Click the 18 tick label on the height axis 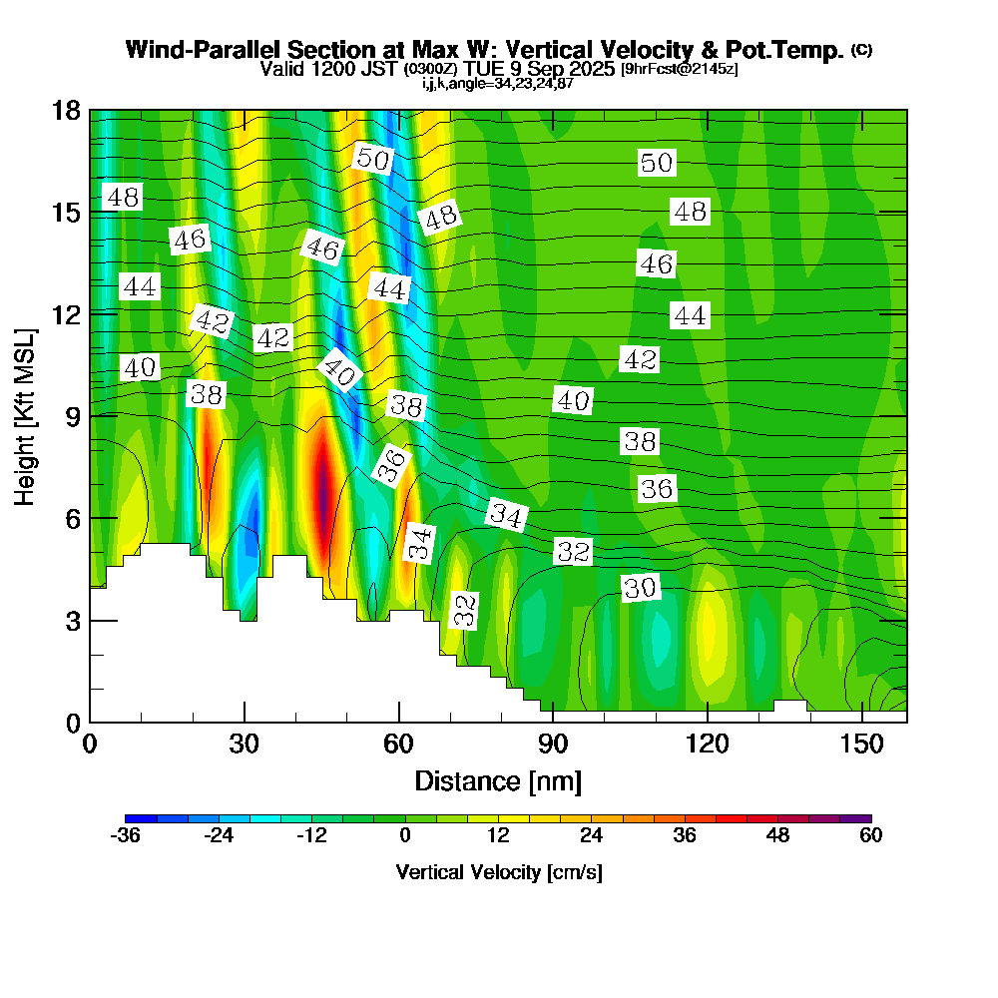(66, 110)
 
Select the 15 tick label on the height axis (66, 212)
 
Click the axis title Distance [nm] (498, 780)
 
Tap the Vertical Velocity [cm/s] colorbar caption (498, 873)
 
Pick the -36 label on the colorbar (125, 836)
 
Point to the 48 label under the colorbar (777, 836)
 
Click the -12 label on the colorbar (311, 836)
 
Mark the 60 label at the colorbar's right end (870, 836)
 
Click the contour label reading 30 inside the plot (640, 589)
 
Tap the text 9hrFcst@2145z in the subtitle (680, 70)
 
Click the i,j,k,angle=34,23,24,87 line (498, 83)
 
